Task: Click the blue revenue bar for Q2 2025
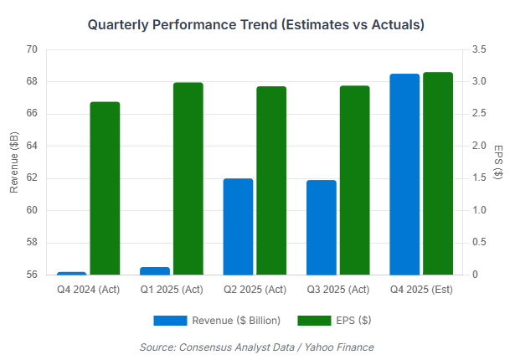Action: [x=238, y=226]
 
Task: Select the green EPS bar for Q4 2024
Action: [x=105, y=188]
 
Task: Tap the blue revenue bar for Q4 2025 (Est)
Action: [x=404, y=174]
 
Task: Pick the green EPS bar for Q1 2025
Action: [x=188, y=178]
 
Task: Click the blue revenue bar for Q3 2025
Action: [x=322, y=227]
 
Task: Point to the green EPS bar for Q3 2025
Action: [x=355, y=180]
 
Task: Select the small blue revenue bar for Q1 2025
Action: [x=155, y=270]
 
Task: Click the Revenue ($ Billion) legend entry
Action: [x=217, y=320]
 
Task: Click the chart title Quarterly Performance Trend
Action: [x=256, y=25]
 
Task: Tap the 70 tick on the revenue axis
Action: [x=32, y=49]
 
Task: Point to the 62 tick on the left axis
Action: [x=32, y=178]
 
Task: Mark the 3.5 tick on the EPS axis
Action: [x=479, y=49]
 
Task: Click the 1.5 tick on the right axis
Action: [x=479, y=178]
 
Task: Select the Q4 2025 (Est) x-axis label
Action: [x=422, y=290]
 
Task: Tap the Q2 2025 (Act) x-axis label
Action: [x=255, y=290]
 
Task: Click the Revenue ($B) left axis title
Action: [x=13, y=162]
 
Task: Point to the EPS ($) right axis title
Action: [x=499, y=162]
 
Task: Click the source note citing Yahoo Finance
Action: [x=256, y=347]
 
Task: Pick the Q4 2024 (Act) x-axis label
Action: [x=88, y=290]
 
